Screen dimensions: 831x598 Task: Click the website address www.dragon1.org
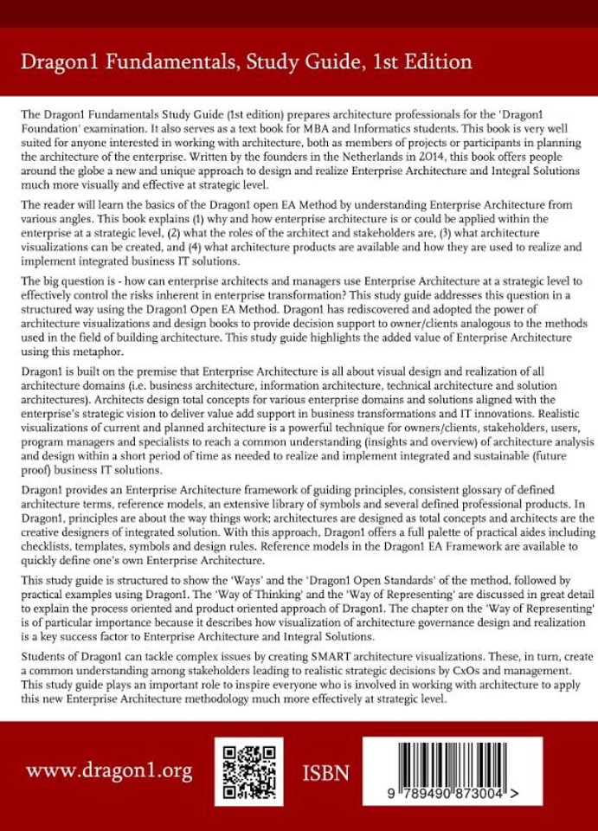click(x=109, y=771)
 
